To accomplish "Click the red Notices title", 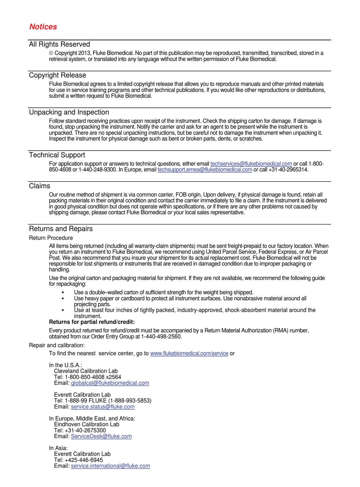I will coord(43,27).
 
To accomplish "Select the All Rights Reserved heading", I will coord(59,44).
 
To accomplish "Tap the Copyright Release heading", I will coord(58,75).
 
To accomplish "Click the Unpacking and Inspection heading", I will coord(69,112).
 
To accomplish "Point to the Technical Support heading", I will coord(57,155).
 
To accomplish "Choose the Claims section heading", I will coord(39,186).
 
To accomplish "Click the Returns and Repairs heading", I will coord(61,229).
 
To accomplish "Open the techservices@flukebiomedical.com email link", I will coord(251,164).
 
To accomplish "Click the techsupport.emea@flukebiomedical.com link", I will coord(205,170).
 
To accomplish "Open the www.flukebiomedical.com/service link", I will coord(189,353).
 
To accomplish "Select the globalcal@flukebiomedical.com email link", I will coord(110,383).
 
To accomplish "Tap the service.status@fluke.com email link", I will coord(103,407).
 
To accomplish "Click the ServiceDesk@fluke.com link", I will coord(101,436).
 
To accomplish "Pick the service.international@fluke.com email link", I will coord(110,466).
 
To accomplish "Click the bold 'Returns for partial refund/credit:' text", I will coord(92,322).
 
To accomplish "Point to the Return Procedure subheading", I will coord(51,238).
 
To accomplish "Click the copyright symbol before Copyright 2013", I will coord(51,53).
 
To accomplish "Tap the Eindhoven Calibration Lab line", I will coord(86,424).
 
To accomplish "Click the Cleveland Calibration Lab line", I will coord(86,371).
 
